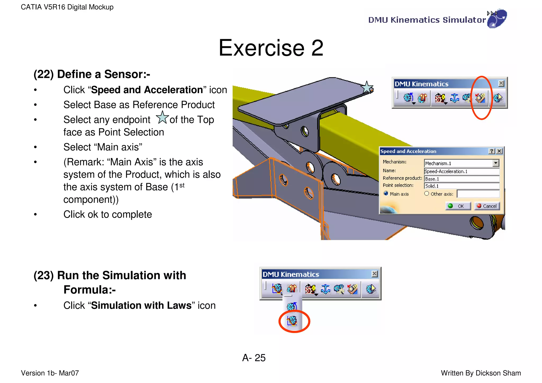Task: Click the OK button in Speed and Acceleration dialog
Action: [x=458, y=206]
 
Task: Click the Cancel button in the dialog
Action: [x=487, y=206]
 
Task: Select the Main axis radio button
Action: [x=386, y=193]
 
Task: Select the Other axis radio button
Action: [x=426, y=193]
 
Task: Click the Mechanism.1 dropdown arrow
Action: [x=496, y=163]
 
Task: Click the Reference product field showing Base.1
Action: [x=461, y=179]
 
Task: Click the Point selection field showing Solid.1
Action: [x=461, y=186]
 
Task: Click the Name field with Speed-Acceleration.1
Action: [x=461, y=171]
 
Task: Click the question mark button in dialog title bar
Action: [x=491, y=151]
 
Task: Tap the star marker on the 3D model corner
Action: [x=367, y=87]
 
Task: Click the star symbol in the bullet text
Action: [x=162, y=118]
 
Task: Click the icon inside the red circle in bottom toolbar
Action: [x=292, y=321]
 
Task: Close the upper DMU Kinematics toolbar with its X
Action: [x=501, y=84]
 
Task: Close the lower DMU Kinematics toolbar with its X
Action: [x=374, y=274]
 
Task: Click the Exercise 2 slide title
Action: [x=271, y=48]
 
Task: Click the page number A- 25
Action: [x=254, y=358]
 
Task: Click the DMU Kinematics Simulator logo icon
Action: [x=496, y=19]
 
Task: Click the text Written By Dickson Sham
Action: [x=481, y=373]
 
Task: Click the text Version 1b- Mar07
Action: [x=50, y=373]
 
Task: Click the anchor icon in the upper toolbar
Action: [x=454, y=98]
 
